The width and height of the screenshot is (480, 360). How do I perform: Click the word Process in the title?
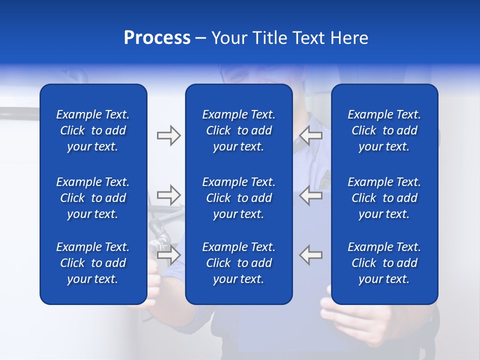pyautogui.click(x=157, y=38)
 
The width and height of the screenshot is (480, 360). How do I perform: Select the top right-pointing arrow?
pyautogui.click(x=168, y=135)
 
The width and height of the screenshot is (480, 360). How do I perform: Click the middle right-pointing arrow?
pyautogui.click(x=168, y=195)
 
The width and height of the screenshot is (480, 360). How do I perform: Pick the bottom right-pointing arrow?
pyautogui.click(x=168, y=254)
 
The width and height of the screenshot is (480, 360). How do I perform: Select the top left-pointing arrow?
pyautogui.click(x=311, y=135)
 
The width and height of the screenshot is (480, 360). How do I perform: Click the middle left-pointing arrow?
pyautogui.click(x=311, y=195)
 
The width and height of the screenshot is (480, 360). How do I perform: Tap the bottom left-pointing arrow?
pyautogui.click(x=311, y=254)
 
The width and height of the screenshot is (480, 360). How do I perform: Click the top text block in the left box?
pyautogui.click(x=93, y=130)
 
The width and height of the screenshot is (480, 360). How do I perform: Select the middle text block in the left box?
pyautogui.click(x=93, y=198)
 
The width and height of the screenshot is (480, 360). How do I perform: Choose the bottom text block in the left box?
pyautogui.click(x=93, y=263)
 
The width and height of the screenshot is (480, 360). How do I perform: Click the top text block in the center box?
pyautogui.click(x=238, y=130)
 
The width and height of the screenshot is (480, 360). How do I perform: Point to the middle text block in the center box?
pyautogui.click(x=238, y=198)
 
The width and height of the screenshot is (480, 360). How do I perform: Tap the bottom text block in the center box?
pyautogui.click(x=238, y=263)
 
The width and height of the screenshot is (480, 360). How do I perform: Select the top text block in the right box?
pyautogui.click(x=384, y=130)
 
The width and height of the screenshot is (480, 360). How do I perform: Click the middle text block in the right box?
pyautogui.click(x=384, y=198)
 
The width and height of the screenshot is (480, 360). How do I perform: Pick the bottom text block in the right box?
pyautogui.click(x=384, y=263)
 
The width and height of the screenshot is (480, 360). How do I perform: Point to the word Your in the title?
pyautogui.click(x=228, y=38)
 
